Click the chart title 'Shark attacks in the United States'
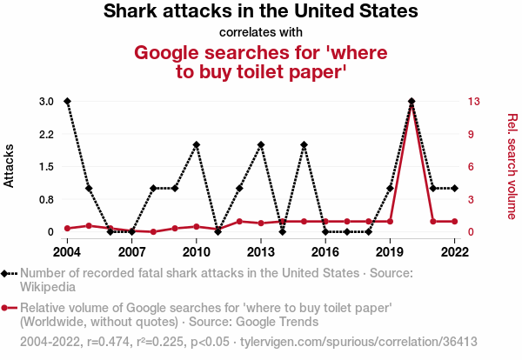point(261,12)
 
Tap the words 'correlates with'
point(261,33)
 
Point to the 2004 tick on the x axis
point(67,252)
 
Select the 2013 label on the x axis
point(261,252)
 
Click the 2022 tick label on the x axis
point(454,252)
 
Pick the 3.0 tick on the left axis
point(46,102)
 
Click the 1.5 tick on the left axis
point(46,167)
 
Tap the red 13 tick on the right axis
point(473,102)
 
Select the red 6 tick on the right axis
point(471,167)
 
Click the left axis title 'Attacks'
point(10,166)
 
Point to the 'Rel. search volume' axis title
point(512,166)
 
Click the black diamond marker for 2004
point(67,102)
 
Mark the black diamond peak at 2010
point(197,145)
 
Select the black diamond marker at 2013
point(261,145)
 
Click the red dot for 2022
point(454,222)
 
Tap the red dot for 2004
point(67,228)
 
